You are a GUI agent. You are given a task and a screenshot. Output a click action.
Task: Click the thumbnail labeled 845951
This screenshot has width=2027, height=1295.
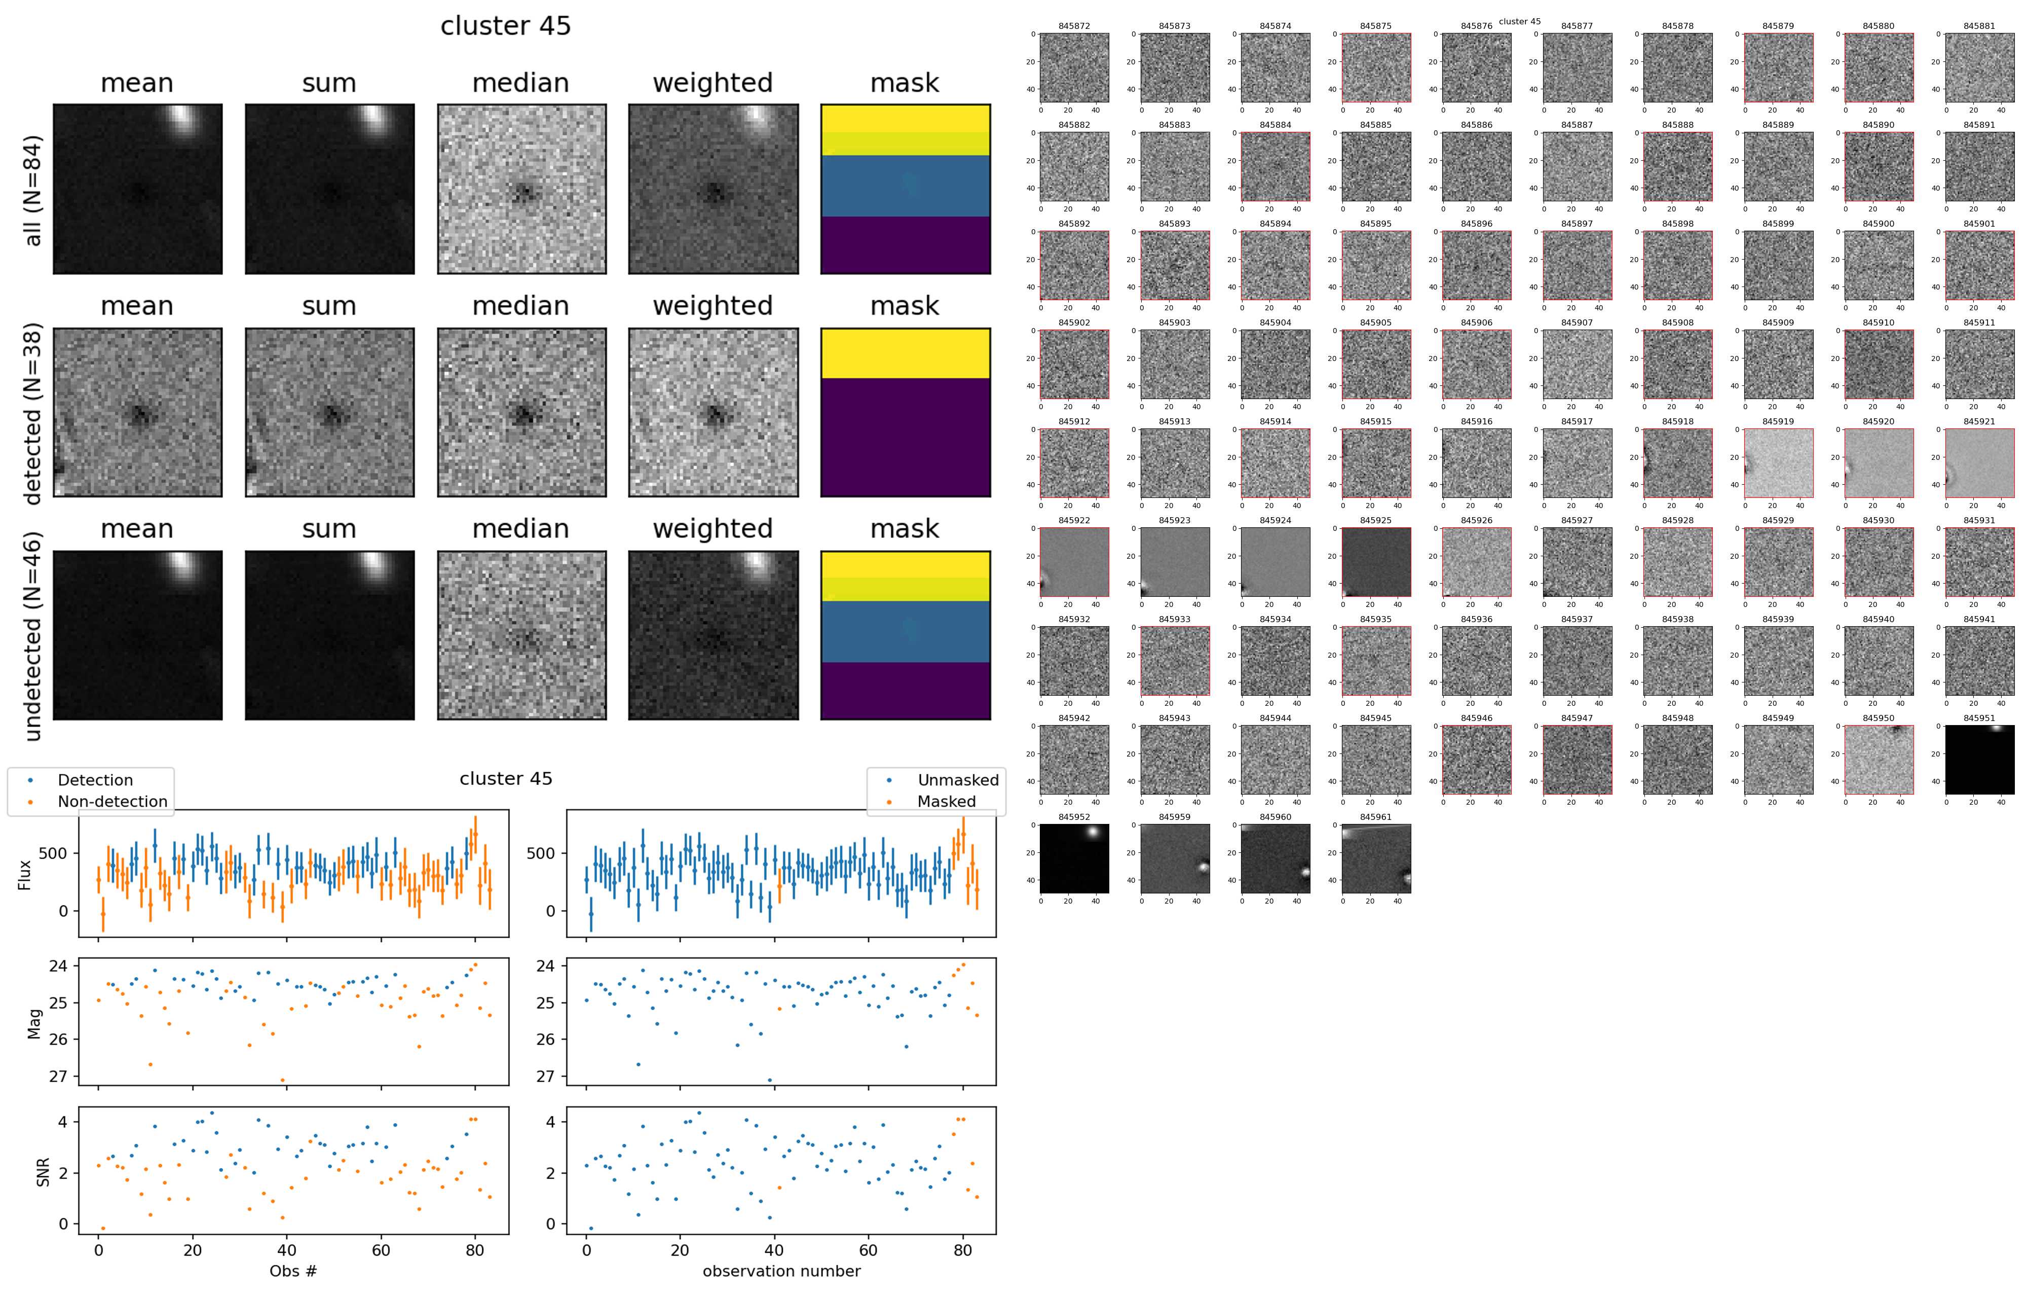coord(1979,760)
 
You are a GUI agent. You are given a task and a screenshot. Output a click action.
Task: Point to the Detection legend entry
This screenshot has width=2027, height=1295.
coord(94,780)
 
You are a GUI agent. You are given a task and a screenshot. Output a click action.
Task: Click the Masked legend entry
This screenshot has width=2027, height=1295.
coord(946,802)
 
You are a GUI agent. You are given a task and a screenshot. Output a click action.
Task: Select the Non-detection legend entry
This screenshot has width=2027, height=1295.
coord(112,802)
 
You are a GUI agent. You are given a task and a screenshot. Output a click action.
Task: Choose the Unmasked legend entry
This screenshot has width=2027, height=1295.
coord(958,780)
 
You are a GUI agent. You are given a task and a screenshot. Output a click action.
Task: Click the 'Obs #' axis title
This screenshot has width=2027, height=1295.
coord(293,1271)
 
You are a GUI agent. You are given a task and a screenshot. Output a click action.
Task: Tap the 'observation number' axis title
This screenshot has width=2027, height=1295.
coord(781,1271)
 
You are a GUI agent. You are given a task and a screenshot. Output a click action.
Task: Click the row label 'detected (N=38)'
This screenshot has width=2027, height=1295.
coord(32,413)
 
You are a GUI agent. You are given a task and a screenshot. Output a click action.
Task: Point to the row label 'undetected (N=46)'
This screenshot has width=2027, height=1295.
coord(32,636)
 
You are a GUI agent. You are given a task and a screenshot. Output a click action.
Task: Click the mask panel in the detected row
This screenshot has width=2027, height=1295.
coord(905,413)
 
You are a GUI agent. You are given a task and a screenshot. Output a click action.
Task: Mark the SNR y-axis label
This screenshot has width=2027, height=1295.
coord(43,1172)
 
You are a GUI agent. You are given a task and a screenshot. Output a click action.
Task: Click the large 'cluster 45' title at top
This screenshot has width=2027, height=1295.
coord(505,26)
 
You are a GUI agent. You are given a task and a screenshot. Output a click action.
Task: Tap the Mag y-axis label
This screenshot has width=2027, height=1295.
coord(34,1021)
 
